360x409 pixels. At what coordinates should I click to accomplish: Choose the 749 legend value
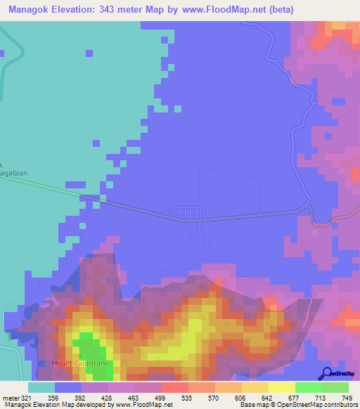coord(345,399)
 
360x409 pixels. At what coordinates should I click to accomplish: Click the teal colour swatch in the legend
coord(41,387)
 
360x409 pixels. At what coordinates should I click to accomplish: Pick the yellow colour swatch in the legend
coord(269,387)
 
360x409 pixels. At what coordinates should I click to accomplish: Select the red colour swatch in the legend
coord(175,387)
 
